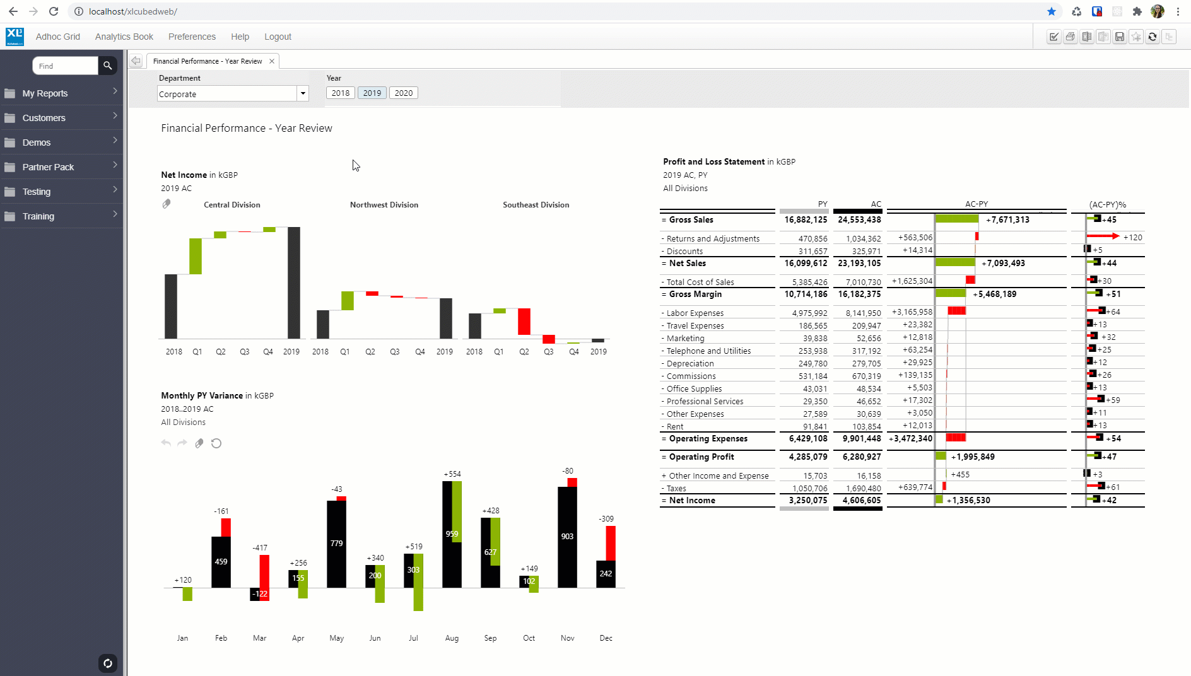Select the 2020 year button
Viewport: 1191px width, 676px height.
[404, 93]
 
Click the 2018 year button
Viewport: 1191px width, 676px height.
[340, 93]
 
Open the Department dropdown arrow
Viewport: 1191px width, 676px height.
[303, 93]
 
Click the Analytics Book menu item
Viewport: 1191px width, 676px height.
[124, 37]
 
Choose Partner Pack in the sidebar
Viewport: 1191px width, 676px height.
[48, 167]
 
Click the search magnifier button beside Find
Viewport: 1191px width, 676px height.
[107, 66]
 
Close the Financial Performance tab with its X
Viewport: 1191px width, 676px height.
[272, 61]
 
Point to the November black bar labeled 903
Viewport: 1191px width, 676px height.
[567, 536]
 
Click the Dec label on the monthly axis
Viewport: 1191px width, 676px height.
[606, 638]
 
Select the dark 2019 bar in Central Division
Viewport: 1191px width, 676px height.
[294, 283]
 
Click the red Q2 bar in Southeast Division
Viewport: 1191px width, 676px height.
[524, 322]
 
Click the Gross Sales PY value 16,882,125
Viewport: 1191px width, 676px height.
[806, 220]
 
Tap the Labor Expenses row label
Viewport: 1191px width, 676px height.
[695, 313]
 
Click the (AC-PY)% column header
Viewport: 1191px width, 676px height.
[1107, 204]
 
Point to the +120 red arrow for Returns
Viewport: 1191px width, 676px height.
[1103, 236]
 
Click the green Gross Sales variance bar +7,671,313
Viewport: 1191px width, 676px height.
[956, 219]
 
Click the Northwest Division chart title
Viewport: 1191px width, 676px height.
[384, 205]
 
